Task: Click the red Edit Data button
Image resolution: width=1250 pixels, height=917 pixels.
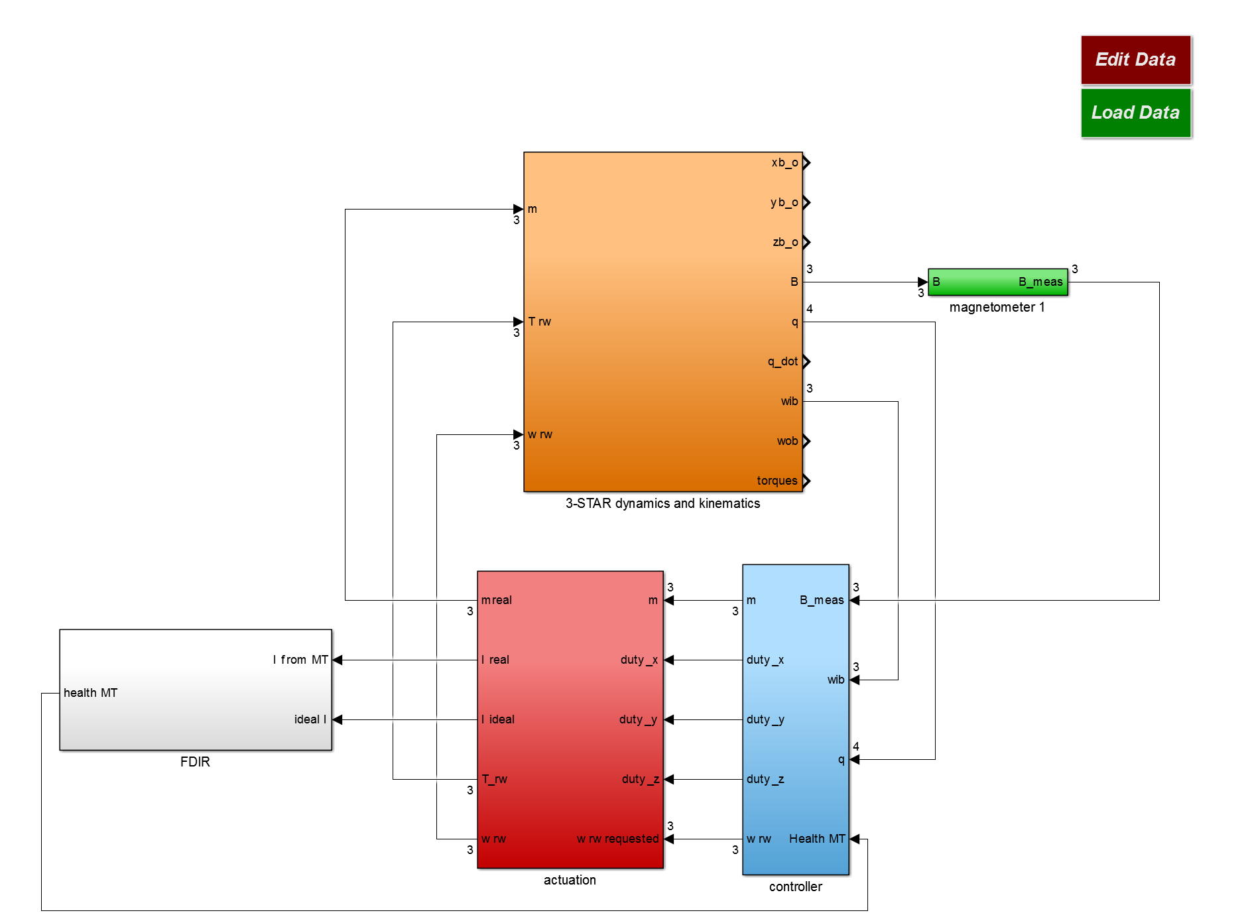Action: (x=1135, y=60)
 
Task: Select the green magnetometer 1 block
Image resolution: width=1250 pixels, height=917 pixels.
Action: (x=997, y=282)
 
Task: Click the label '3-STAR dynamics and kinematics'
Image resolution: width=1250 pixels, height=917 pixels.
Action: (x=662, y=503)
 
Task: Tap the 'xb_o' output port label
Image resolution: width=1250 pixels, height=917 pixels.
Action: (x=784, y=162)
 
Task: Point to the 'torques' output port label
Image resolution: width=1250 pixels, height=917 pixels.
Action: (x=777, y=481)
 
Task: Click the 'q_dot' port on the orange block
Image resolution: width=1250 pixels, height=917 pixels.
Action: (x=782, y=361)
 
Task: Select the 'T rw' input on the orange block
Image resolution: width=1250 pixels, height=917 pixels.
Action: (x=540, y=322)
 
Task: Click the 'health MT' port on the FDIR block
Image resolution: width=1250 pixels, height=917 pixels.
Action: (x=90, y=693)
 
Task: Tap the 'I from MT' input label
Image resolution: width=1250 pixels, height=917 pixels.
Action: (x=300, y=660)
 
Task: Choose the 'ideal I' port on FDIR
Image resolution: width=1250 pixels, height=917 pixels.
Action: (x=310, y=719)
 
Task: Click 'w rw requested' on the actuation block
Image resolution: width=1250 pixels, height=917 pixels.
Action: (x=617, y=839)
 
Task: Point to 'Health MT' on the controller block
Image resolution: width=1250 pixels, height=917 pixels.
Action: (x=817, y=839)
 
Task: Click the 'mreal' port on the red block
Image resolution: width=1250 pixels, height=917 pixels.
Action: (x=497, y=600)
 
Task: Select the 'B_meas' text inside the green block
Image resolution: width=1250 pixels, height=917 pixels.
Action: (x=1040, y=282)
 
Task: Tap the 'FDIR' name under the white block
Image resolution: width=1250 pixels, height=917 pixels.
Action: (x=195, y=762)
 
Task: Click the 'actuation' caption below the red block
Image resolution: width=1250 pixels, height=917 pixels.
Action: (x=570, y=880)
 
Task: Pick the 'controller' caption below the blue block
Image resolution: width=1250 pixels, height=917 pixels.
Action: (x=795, y=886)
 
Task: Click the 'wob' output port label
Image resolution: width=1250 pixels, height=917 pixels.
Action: (x=787, y=441)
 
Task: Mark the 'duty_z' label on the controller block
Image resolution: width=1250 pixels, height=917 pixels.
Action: (x=765, y=779)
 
